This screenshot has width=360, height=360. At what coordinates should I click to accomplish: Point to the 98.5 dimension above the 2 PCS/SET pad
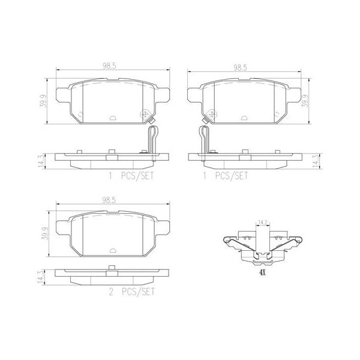click(109, 199)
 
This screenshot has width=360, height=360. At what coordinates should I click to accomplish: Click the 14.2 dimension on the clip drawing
click(262, 223)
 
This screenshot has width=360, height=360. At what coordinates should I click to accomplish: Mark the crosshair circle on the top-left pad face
click(144, 113)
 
